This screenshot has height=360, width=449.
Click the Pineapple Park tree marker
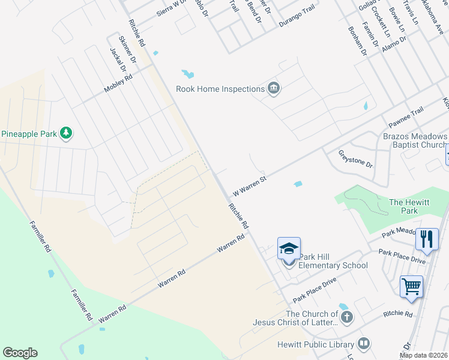66,133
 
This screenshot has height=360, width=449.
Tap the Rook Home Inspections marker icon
274,89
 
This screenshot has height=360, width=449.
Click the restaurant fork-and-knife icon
427,239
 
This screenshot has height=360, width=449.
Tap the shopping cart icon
411,286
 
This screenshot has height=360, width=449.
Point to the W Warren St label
249,184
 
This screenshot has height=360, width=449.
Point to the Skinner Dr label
128,50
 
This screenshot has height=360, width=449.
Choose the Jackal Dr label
118,61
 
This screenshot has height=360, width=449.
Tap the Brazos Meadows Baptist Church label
415,140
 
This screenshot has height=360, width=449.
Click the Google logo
20,353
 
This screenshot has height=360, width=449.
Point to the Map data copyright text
424,355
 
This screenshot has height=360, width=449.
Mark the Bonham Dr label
357,41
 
